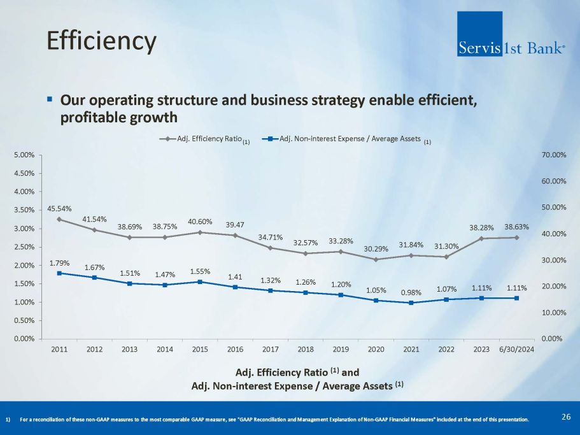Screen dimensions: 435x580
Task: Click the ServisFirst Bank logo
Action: tap(511, 34)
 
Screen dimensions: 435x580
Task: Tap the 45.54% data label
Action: tap(59, 208)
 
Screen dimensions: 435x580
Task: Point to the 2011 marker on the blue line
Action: tap(59, 273)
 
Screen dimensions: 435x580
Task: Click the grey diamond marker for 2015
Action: tap(200, 232)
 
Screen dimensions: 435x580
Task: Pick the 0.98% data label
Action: tap(411, 292)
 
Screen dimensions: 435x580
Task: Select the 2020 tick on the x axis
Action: tap(376, 350)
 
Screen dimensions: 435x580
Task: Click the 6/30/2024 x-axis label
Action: tap(517, 350)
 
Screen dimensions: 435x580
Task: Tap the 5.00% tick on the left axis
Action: tap(25, 155)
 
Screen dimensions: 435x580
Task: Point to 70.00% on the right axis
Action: tap(553, 155)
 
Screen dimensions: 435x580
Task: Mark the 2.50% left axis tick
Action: tap(25, 247)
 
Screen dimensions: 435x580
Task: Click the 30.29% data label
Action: tap(376, 248)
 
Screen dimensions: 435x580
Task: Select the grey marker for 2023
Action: tap(482, 239)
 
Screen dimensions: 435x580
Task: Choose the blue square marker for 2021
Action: tap(411, 303)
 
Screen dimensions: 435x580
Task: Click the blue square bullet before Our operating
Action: tap(50, 100)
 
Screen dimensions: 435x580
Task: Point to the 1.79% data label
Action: tap(59, 262)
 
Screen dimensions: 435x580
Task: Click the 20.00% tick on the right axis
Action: tap(553, 287)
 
